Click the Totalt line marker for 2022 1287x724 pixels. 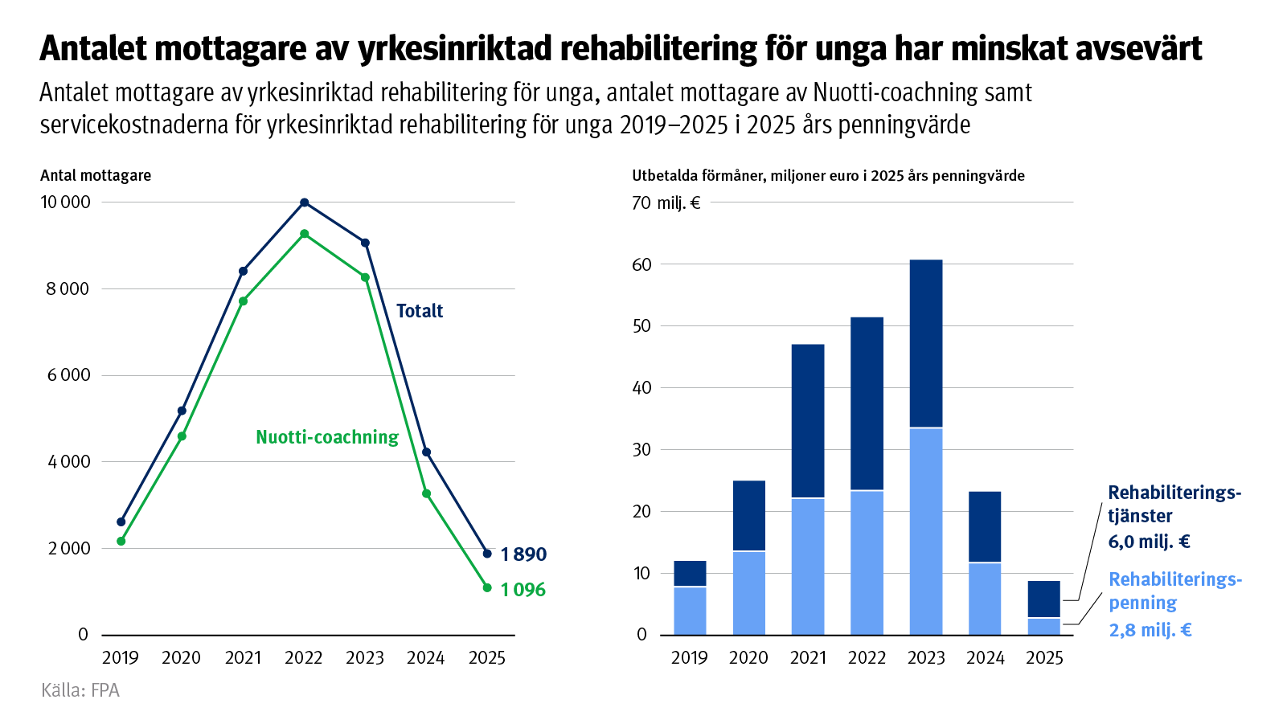point(304,202)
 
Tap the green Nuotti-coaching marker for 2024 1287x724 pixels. point(426,493)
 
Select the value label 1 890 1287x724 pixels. point(523,554)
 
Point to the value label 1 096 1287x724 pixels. point(523,590)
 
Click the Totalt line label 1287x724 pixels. point(420,311)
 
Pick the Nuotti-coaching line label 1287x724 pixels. point(327,437)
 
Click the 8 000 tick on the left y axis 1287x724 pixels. point(68,288)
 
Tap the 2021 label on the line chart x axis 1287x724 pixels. point(243,658)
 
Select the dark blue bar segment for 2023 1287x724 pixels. point(926,343)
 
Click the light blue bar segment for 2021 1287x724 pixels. point(808,566)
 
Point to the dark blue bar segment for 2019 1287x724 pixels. point(690,573)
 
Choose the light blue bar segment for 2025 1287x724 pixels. point(1044,626)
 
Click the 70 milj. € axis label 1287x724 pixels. point(666,202)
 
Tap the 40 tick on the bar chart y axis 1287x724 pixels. point(641,387)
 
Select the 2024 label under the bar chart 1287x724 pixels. point(986,658)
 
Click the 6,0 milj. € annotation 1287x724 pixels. point(1149,542)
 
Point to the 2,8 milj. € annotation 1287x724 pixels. point(1150,630)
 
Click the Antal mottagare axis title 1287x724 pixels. point(96,175)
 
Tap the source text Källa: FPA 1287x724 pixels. point(80,690)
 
